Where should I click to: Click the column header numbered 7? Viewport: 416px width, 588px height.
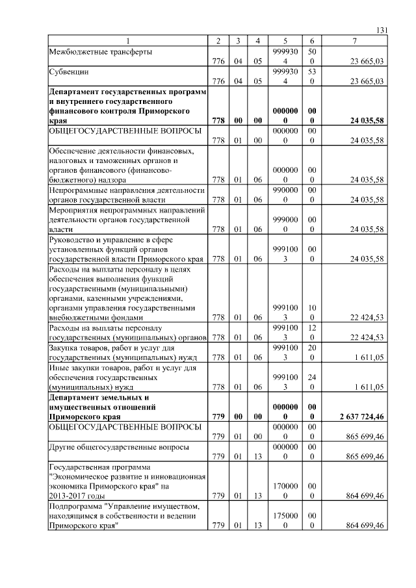354,42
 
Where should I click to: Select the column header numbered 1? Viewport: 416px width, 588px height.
127,42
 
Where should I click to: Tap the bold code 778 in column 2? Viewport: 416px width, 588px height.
218,121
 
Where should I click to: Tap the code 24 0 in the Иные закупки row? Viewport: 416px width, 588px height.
312,382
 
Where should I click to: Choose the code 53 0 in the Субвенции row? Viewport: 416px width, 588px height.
312,77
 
